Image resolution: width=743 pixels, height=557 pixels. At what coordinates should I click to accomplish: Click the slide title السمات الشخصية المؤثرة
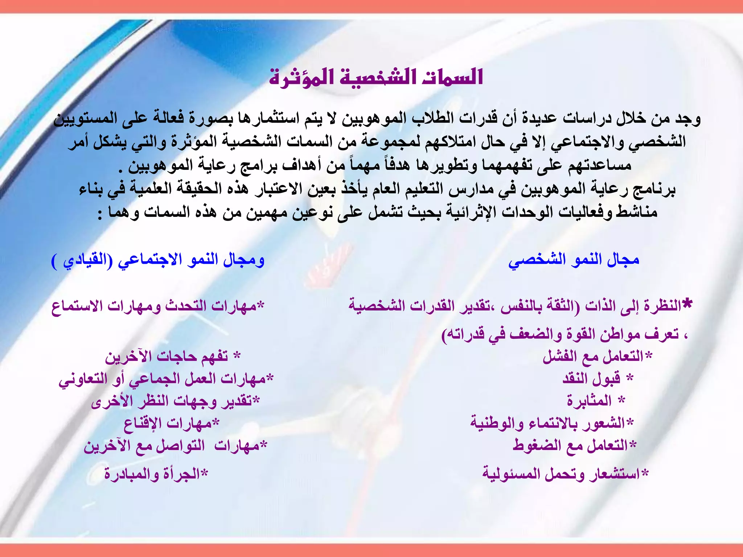tap(376, 77)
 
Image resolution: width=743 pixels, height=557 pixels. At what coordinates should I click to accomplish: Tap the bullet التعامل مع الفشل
tap(597, 356)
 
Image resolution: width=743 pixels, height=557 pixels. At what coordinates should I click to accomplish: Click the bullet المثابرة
tap(595, 401)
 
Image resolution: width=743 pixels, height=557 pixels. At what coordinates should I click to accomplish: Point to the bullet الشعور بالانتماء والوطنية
tap(551, 423)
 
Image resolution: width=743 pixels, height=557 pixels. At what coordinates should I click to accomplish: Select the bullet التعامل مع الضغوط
tap(574, 445)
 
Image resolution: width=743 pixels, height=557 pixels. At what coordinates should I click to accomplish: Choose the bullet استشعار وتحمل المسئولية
tap(565, 474)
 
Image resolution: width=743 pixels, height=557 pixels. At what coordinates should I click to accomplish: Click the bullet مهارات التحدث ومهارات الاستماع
tap(157, 306)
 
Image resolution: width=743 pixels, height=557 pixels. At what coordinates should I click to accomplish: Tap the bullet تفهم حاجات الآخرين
tap(172, 356)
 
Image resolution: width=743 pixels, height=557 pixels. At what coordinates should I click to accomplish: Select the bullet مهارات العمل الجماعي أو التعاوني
tap(166, 379)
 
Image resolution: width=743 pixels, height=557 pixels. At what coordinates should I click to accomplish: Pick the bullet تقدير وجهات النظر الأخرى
tap(175, 401)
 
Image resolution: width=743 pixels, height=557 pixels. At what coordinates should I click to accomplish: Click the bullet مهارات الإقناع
tap(171, 423)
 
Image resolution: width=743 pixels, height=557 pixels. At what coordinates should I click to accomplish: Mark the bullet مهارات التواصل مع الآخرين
tap(175, 446)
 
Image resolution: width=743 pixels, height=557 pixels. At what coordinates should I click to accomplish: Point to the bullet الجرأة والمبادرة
tap(156, 474)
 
